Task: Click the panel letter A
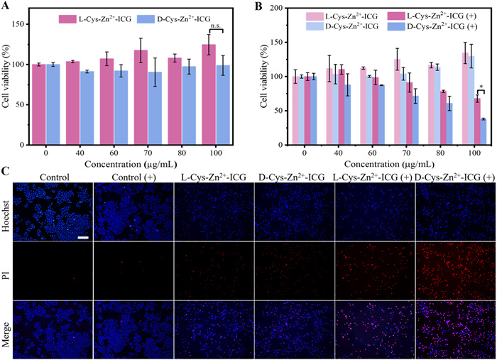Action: tap(6, 6)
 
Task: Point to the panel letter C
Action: tap(6, 171)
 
